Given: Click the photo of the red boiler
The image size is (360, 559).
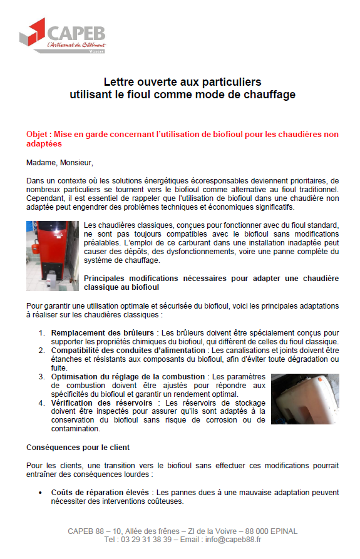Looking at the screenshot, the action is pos(53,256).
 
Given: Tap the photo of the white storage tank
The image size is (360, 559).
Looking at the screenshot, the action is pos(305,399).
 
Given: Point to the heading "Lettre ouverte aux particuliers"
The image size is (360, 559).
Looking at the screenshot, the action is pos(182,82).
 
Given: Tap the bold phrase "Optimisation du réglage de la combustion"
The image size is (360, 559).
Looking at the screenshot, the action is pos(128,377).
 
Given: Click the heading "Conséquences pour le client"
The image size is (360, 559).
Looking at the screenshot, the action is pos(79,448).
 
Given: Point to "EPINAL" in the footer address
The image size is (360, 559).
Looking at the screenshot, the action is pos(282,531).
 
